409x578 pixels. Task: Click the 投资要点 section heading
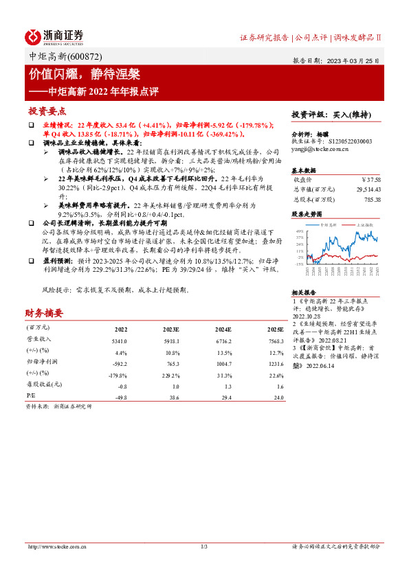(x=47, y=111)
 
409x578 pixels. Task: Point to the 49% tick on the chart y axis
(x=300, y=231)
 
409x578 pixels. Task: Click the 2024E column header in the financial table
(x=225, y=330)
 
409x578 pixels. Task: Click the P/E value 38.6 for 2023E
(x=172, y=397)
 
